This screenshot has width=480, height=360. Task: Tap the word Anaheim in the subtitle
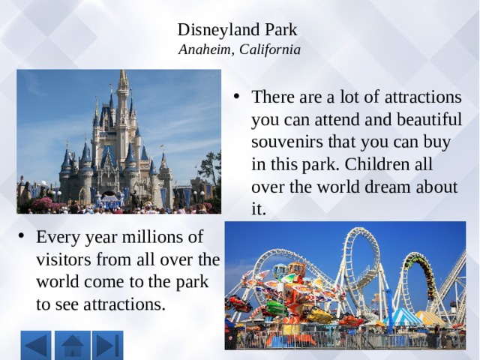coord(204,49)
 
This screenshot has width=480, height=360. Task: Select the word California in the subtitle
coord(270,49)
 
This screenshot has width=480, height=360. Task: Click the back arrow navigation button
coord(36,345)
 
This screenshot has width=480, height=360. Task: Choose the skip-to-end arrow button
coord(108,345)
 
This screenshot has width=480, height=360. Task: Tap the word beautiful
coord(429,119)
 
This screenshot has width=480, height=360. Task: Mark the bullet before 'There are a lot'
coord(236,97)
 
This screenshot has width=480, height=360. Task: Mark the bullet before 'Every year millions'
coord(21,236)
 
